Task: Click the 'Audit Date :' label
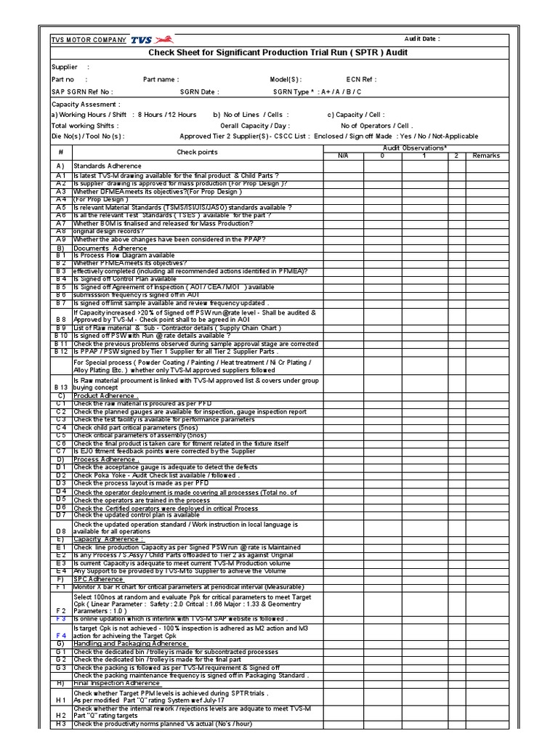point(422,39)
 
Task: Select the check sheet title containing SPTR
point(278,52)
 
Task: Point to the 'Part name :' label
point(161,79)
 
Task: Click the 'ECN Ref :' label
point(362,79)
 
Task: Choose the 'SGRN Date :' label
point(199,92)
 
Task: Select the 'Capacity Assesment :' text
point(81,104)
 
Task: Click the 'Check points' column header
point(197,152)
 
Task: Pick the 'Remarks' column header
point(486,155)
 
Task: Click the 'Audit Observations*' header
point(413,147)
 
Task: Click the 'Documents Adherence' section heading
point(110,248)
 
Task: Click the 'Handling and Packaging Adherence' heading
point(130,643)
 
